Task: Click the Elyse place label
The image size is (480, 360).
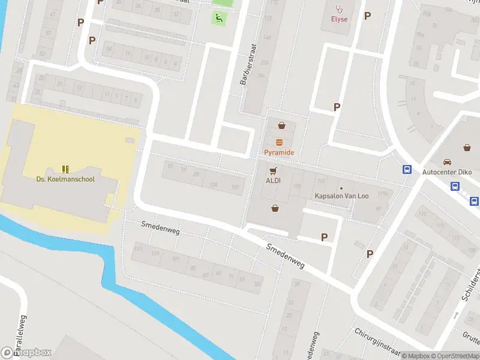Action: click(x=339, y=19)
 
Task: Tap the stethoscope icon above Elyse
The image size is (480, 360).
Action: click(x=339, y=9)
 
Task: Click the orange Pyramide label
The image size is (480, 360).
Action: click(x=279, y=152)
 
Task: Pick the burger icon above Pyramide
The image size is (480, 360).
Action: click(x=279, y=142)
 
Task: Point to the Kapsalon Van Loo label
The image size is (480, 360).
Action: click(x=341, y=196)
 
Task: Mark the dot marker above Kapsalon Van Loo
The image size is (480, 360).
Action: click(x=341, y=188)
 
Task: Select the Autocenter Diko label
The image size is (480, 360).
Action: click(x=447, y=172)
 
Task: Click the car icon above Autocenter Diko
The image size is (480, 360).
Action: click(x=447, y=162)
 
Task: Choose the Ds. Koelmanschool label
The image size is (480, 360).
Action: click(x=65, y=179)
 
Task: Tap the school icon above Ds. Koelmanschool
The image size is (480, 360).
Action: click(x=65, y=169)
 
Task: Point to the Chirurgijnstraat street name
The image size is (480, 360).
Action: click(x=377, y=340)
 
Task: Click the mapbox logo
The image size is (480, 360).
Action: click(x=26, y=353)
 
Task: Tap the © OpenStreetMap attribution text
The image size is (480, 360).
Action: click(x=454, y=356)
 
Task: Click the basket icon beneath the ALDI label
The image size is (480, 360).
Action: click(x=275, y=208)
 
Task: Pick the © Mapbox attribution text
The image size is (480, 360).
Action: click(x=415, y=356)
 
